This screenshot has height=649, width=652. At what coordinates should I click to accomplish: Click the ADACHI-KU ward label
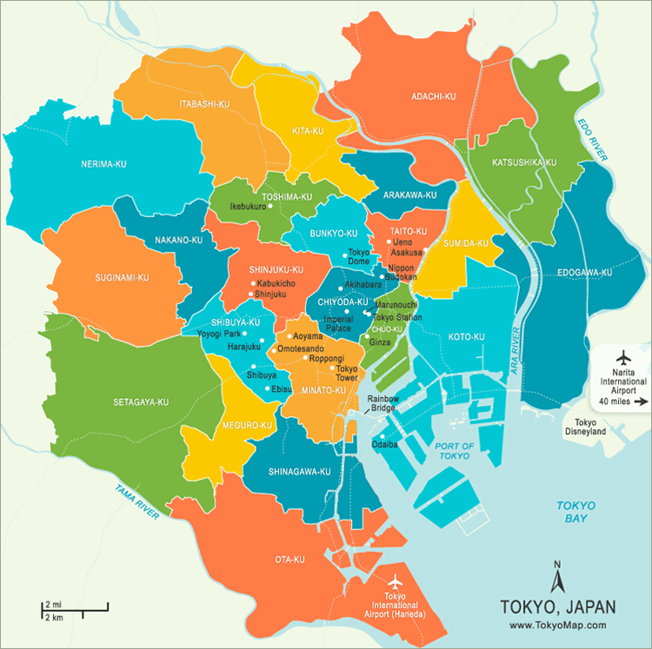click(434, 96)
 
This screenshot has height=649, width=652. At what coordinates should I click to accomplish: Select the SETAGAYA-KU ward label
click(141, 402)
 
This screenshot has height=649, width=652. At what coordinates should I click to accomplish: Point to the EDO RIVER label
click(589, 138)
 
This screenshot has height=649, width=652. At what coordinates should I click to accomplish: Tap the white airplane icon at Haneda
click(396, 580)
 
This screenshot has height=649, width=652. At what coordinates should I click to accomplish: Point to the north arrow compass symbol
click(556, 574)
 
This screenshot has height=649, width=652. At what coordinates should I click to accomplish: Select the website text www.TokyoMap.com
click(557, 625)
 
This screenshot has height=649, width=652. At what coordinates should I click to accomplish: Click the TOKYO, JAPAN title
click(557, 606)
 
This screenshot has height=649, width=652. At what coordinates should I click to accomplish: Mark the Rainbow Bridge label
click(381, 403)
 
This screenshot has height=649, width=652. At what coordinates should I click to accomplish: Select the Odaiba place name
click(385, 444)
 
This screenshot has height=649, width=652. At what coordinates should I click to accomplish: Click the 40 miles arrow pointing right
click(642, 402)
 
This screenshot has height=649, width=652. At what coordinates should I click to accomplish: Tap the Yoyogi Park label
click(217, 334)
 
